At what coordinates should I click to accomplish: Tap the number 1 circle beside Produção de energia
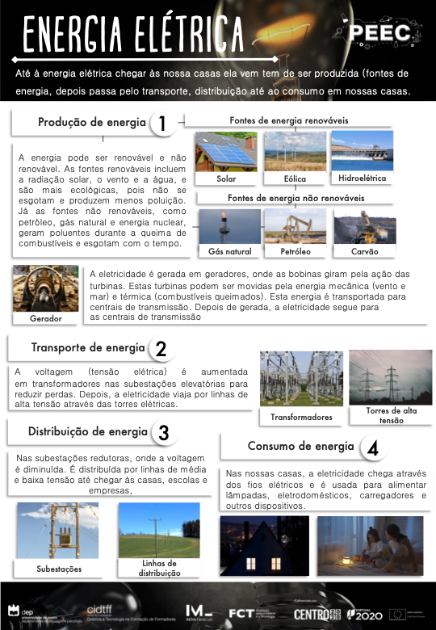point(162,124)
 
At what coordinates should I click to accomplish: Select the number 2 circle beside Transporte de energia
point(161,349)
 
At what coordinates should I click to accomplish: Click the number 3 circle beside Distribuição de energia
point(163,433)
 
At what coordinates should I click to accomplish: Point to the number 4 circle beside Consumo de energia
point(371,447)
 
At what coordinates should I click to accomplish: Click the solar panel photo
point(226,152)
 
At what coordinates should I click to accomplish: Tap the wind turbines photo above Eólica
point(295,152)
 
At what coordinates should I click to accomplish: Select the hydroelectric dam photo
point(362,151)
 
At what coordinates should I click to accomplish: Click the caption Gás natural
point(230,252)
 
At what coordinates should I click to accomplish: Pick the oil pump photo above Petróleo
point(295,226)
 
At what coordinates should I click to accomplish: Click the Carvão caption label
point(365,252)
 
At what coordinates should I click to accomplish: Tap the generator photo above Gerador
point(45,289)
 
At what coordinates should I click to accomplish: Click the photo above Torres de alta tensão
point(390,377)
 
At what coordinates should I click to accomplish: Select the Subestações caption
point(59,569)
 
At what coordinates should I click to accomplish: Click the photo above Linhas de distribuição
point(158,530)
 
